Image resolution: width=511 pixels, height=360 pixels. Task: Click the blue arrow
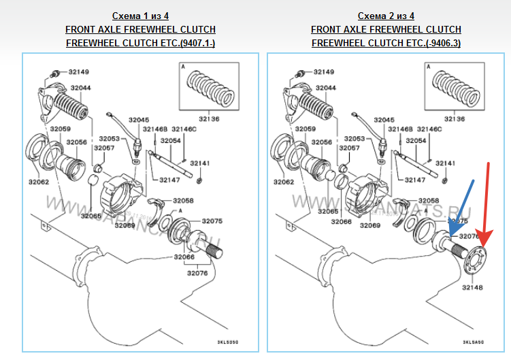coord(462,211)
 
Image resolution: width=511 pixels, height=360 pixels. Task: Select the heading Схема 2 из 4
coord(386,16)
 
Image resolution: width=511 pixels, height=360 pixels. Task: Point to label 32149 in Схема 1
coord(76,71)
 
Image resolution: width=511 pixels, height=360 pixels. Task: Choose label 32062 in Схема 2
coord(284,182)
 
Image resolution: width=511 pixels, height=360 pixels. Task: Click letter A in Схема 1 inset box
coord(183,67)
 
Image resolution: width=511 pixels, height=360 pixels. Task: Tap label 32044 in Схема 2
coord(325,88)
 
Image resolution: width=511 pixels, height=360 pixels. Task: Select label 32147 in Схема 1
coord(169,180)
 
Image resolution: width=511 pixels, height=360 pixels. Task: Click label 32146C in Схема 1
coord(184,129)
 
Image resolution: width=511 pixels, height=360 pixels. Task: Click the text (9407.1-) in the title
coord(203,43)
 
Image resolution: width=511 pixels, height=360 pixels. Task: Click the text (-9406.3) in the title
coord(440,43)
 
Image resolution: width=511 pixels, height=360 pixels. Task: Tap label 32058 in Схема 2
coord(428,200)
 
